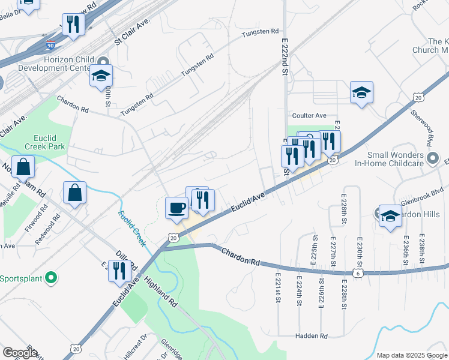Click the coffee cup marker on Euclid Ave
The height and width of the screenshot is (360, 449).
tap(176, 208)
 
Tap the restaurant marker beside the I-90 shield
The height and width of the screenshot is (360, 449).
tap(71, 25)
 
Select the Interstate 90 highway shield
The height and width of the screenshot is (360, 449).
tap(50, 45)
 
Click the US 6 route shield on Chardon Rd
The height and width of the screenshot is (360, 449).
tap(358, 272)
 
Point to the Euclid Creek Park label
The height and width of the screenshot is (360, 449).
tap(45, 142)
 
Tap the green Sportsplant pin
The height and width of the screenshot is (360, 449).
tap(51, 278)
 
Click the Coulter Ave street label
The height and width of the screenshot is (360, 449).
tap(309, 115)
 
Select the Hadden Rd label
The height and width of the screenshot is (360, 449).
tap(311, 336)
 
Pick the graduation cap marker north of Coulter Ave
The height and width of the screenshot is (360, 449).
tap(361, 92)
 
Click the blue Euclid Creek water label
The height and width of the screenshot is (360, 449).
tap(132, 227)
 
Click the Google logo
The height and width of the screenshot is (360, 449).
tap(20, 353)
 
